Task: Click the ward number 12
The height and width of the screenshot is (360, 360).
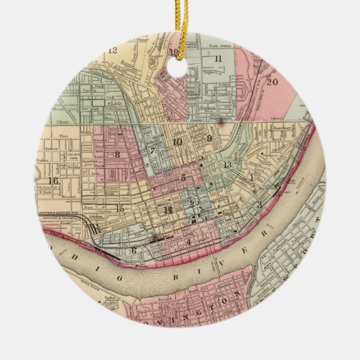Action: pyautogui.click(x=112, y=50)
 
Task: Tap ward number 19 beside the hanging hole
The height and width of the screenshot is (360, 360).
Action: pyautogui.click(x=174, y=54)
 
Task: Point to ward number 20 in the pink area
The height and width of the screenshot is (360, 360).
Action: pyautogui.click(x=272, y=81)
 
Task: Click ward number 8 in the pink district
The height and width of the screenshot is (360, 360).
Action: pyautogui.click(x=117, y=154)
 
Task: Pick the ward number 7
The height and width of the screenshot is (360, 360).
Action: pyautogui.click(x=151, y=150)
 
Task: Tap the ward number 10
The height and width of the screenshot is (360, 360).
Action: pyautogui.click(x=177, y=142)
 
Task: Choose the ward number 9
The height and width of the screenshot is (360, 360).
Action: pyautogui.click(x=209, y=138)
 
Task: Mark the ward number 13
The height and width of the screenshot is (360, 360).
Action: pyautogui.click(x=227, y=165)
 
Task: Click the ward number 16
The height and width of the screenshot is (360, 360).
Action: pyautogui.click(x=54, y=181)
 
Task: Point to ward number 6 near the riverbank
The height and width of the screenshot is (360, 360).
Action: pyautogui.click(x=134, y=250)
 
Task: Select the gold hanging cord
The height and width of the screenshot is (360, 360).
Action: pyautogui.click(x=180, y=22)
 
